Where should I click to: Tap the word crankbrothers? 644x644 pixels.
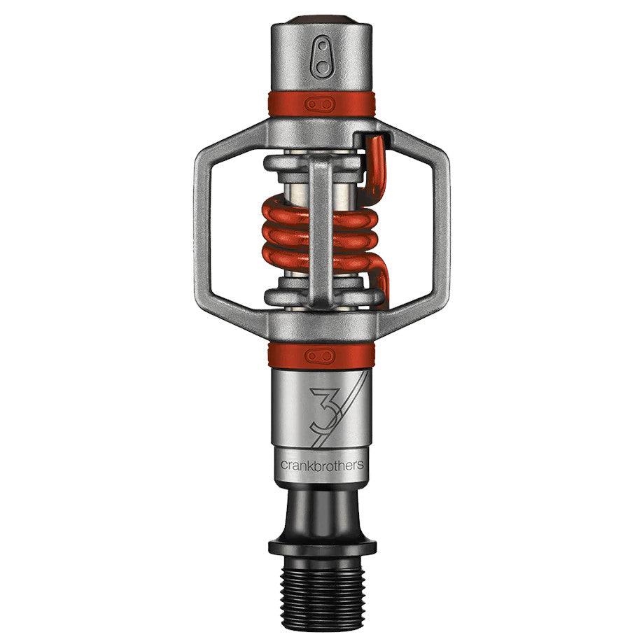tap(322, 465)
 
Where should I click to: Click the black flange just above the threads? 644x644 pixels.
tap(322, 547)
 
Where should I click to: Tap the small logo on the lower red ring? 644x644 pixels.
tap(322, 356)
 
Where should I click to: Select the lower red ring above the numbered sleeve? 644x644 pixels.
tap(280, 356)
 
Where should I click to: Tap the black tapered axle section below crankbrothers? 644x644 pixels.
tap(322, 511)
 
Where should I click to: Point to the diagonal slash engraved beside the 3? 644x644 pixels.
tap(354, 413)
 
